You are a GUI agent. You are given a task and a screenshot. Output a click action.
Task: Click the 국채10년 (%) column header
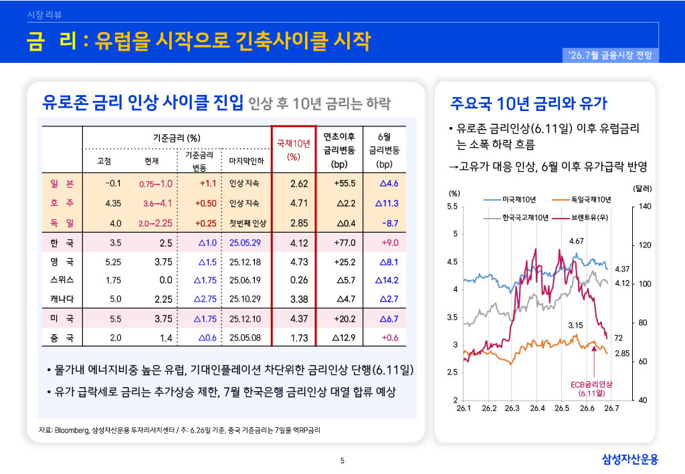coord(294,150)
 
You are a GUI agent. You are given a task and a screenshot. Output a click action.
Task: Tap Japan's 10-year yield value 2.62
coord(299,184)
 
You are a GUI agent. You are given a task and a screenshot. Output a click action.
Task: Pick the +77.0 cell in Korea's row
coord(345,243)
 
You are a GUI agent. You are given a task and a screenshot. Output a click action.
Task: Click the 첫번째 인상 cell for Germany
coord(248,223)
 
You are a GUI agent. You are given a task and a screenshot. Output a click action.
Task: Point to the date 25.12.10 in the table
coord(245,319)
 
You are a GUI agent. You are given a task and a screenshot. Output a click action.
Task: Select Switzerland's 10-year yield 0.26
coord(299,279)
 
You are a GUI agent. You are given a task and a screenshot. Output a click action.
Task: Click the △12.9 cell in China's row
coord(344,338)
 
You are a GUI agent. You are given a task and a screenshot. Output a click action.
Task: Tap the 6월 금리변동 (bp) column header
coord(385,150)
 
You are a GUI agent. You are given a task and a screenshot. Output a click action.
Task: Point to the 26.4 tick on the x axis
coord(537,408)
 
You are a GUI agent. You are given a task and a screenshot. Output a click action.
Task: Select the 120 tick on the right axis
coord(645,245)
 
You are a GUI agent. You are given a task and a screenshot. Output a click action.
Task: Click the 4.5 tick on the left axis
coord(452,262)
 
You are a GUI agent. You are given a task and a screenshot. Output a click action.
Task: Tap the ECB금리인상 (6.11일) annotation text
coord(591,388)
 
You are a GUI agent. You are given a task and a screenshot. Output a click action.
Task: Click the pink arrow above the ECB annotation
coord(594,362)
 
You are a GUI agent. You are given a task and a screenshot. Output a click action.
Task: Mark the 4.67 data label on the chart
coord(576,241)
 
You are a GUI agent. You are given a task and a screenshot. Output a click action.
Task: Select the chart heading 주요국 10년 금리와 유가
coord(529,104)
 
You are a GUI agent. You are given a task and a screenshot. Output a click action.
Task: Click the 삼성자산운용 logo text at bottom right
coord(630,459)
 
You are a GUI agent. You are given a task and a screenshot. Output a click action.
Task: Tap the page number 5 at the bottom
coord(342,461)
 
